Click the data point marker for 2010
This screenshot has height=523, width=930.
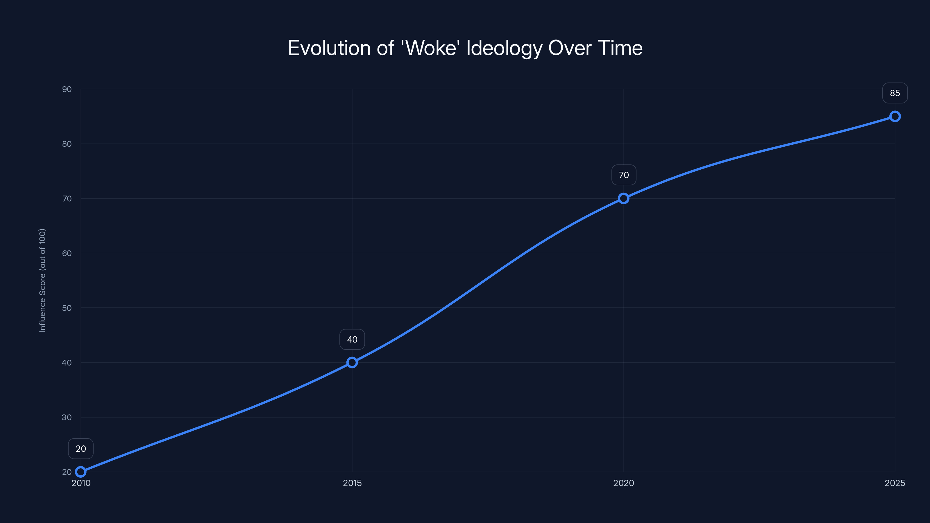(81, 472)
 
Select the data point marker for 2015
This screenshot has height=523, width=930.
(352, 362)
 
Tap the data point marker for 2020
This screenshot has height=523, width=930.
(623, 198)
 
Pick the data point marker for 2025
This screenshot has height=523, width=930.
(895, 116)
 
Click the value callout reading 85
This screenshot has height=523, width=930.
(895, 93)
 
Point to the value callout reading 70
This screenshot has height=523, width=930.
(623, 175)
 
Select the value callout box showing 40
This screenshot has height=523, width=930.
(352, 339)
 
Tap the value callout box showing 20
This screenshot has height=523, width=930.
(81, 449)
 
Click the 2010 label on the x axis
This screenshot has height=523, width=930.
(81, 483)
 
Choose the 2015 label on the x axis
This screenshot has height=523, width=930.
(352, 483)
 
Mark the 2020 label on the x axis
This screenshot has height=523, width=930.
(623, 483)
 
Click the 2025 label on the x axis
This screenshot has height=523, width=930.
(895, 483)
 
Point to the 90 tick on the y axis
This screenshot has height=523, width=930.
(67, 89)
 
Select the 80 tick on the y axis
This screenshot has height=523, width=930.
(67, 144)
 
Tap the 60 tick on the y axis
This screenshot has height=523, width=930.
(67, 253)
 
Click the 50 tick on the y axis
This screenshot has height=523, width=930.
(67, 308)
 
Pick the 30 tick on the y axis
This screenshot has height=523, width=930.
(67, 417)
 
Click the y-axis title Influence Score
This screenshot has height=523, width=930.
(42, 280)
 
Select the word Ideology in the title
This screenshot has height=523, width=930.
(504, 48)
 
